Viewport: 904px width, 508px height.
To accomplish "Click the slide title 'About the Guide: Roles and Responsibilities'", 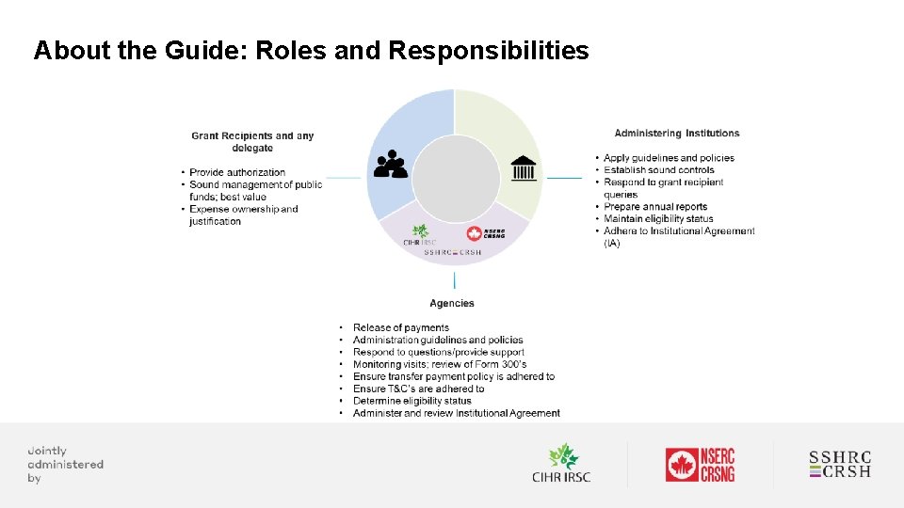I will click(x=311, y=51).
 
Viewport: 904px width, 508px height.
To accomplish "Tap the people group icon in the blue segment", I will click(x=391, y=166).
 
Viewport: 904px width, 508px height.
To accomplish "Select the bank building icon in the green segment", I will click(x=524, y=168).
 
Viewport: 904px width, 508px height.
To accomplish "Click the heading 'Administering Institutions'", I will click(x=677, y=134).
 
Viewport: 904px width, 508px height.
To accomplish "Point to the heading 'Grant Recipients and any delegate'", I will click(x=252, y=142).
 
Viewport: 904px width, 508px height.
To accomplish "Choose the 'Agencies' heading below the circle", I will click(x=452, y=303).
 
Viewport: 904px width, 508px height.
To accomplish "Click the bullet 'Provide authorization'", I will click(x=236, y=172).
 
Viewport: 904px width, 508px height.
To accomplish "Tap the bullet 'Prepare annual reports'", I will click(x=654, y=207).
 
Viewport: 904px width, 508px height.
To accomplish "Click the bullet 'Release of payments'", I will click(x=400, y=327).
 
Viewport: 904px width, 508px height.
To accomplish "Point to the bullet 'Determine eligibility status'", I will click(x=412, y=401).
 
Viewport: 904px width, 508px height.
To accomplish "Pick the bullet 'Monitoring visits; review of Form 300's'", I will click(x=439, y=364).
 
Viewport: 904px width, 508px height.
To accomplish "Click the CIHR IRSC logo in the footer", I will click(x=561, y=464).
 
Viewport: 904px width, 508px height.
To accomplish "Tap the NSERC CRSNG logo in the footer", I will click(x=700, y=465).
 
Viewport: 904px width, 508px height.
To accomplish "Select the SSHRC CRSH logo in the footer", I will click(x=840, y=464).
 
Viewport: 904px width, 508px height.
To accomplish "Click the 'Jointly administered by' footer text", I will click(x=65, y=464).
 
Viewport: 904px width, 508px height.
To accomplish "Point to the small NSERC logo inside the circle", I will click(x=486, y=233).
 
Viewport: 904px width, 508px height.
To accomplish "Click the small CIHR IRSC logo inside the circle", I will click(x=420, y=235).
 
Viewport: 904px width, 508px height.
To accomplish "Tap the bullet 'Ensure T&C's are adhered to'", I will click(x=418, y=389).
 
